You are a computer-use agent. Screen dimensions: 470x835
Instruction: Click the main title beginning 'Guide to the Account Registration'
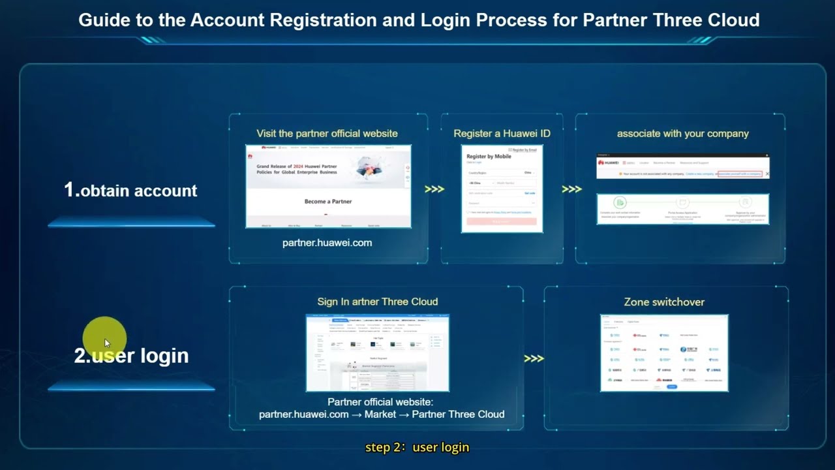[x=419, y=20]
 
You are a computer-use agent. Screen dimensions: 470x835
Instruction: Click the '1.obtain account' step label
[x=130, y=190]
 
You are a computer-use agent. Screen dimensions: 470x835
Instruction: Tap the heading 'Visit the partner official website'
[x=327, y=133]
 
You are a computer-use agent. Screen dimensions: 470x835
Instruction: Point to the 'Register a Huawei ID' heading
[x=502, y=133]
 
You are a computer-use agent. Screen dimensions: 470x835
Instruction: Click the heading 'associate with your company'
[x=682, y=133]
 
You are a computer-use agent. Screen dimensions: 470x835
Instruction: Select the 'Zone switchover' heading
[x=664, y=302]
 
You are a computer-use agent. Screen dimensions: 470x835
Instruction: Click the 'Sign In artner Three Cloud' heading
[x=377, y=302]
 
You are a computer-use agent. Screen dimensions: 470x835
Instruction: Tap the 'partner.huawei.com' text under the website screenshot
[x=327, y=243]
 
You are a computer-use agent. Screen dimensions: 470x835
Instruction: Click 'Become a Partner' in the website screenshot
[x=328, y=202]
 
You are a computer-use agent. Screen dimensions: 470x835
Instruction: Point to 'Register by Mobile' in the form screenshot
[x=489, y=157]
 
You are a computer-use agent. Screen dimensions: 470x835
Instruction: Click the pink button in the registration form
[x=502, y=221]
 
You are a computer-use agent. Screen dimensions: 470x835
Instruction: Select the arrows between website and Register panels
[x=434, y=189]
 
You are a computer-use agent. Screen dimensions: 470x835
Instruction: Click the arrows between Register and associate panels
[x=571, y=189]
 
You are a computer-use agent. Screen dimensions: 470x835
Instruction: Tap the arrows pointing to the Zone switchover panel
[x=534, y=358]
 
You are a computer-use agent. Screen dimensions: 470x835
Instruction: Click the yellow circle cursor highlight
[x=104, y=338]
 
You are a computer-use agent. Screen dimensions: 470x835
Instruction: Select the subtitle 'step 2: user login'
[x=417, y=447]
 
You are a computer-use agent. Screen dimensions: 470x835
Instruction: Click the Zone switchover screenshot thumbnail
[x=664, y=352]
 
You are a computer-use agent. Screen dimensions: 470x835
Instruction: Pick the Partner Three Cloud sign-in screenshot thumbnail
[x=377, y=352]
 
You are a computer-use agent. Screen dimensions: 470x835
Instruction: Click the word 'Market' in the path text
[x=380, y=414]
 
